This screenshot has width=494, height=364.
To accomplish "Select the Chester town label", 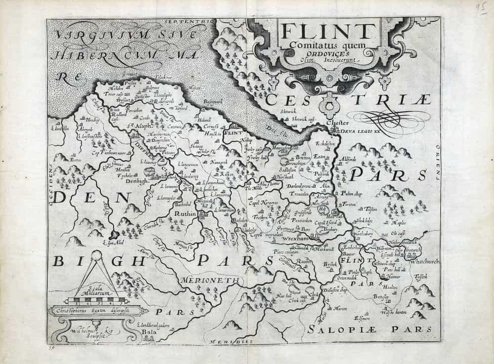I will pyautogui.click(x=340, y=122).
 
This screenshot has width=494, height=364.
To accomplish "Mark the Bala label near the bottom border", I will pyautogui.click(x=148, y=333).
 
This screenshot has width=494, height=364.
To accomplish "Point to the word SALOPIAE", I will pyautogui.click(x=336, y=328).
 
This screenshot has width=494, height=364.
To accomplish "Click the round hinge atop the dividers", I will pyautogui.click(x=97, y=255).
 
